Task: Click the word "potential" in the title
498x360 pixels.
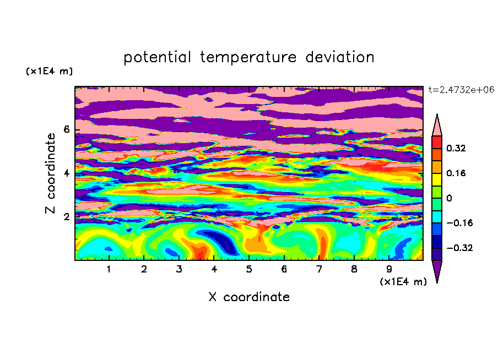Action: [x=157, y=57]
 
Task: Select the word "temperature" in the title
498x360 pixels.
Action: [x=248, y=57]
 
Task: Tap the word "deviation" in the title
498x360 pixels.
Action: [x=340, y=57]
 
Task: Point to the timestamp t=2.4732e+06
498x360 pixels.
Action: [x=462, y=90]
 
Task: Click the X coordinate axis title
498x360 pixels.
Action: [x=249, y=297]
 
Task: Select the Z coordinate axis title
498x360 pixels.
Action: [x=51, y=173]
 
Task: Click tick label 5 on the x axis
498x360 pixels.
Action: [x=249, y=269]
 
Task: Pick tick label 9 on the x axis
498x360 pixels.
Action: [x=389, y=269]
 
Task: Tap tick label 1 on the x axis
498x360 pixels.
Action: [x=109, y=269]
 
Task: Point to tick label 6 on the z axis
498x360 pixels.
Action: [x=66, y=129]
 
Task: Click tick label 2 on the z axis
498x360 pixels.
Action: [x=66, y=217]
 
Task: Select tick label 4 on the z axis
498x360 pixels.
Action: [x=66, y=173]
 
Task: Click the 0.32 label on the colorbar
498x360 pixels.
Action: [x=456, y=148]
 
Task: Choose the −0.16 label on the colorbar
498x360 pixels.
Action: [x=459, y=223]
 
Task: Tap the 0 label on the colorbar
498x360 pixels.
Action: [x=449, y=198]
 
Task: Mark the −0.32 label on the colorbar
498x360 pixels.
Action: [x=459, y=248]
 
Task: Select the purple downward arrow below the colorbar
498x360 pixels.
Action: [x=437, y=270]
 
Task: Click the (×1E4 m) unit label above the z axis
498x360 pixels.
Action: [x=49, y=71]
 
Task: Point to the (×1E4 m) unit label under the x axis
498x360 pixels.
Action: [x=403, y=282]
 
